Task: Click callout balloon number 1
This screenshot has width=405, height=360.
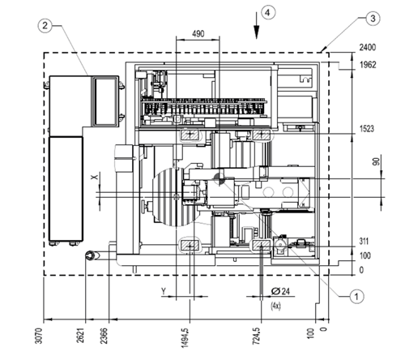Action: tap(356, 297)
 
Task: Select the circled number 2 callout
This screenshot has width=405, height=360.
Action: tap(45, 25)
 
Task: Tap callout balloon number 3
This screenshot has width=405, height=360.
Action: tap(373, 19)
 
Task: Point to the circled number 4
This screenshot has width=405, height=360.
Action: tap(268, 12)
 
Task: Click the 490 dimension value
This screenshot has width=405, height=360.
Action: tap(198, 34)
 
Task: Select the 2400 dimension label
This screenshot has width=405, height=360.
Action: tap(367, 47)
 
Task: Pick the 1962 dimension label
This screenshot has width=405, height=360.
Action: tap(368, 65)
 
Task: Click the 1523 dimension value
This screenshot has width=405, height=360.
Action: tap(367, 129)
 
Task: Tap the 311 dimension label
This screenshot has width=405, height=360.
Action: tap(364, 241)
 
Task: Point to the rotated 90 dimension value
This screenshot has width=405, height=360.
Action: tap(376, 161)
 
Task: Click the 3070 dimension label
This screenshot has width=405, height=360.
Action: tap(39, 336)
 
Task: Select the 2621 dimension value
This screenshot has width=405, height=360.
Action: tap(80, 335)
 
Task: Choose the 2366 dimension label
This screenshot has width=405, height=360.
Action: tap(104, 336)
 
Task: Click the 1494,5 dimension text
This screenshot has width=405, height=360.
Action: tap(185, 337)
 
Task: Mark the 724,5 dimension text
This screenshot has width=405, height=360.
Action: tap(256, 336)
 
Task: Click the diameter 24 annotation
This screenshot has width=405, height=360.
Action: tap(280, 291)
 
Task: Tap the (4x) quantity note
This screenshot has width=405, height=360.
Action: tap(275, 306)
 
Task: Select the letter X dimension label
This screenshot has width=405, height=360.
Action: tap(94, 177)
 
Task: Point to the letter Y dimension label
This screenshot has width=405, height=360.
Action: tap(164, 291)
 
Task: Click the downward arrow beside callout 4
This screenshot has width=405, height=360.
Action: tap(256, 25)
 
